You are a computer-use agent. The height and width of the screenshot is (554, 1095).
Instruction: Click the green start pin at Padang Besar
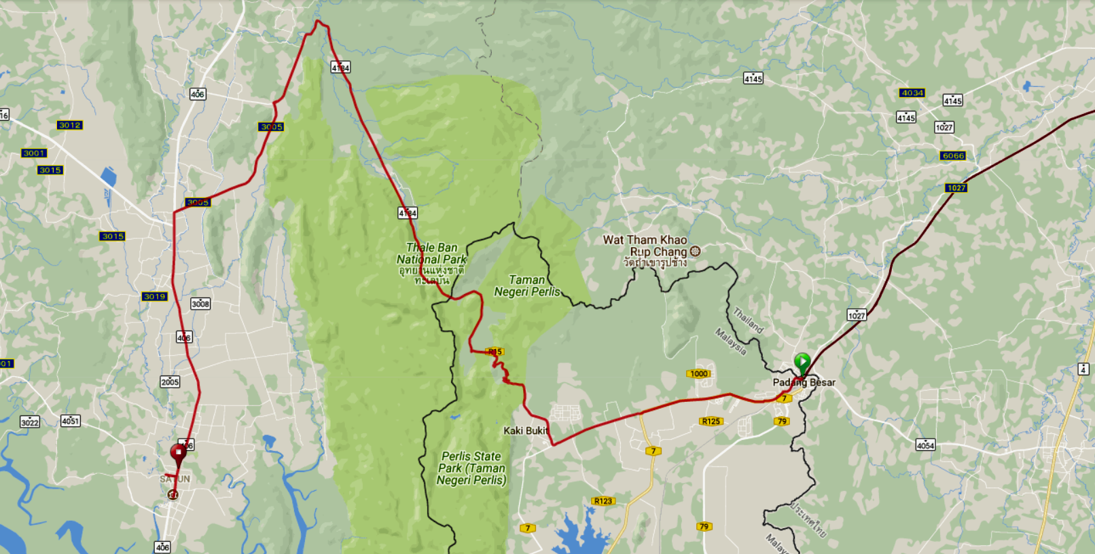tap(802, 362)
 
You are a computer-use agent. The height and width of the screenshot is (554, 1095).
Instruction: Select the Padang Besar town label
tap(804, 382)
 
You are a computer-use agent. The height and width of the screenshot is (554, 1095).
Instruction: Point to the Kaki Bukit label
tap(526, 430)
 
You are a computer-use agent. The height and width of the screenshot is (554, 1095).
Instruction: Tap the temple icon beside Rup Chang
tap(695, 251)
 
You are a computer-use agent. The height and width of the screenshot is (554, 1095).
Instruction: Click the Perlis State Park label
tap(471, 468)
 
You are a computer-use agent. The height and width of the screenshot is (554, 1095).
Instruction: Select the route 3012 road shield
tap(70, 125)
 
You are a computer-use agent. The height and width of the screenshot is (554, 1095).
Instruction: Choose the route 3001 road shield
tap(34, 153)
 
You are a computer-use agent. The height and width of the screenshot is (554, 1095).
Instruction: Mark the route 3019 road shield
tap(154, 296)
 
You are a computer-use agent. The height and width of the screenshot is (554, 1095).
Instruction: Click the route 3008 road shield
tap(200, 303)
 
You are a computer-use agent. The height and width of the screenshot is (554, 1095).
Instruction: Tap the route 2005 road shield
tap(170, 382)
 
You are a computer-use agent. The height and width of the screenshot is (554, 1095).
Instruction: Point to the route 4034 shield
tap(912, 93)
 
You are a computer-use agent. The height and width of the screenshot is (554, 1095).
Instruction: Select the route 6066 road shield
tap(953, 155)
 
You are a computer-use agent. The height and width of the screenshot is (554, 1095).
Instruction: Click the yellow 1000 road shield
tap(699, 373)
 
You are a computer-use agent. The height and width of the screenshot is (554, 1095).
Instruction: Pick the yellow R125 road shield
tap(711, 421)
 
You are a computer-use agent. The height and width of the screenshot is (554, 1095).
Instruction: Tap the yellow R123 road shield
tap(603, 501)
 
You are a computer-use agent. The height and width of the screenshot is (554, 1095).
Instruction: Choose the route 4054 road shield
tap(925, 445)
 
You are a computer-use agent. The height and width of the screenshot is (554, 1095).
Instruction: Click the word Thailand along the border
tap(748, 320)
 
